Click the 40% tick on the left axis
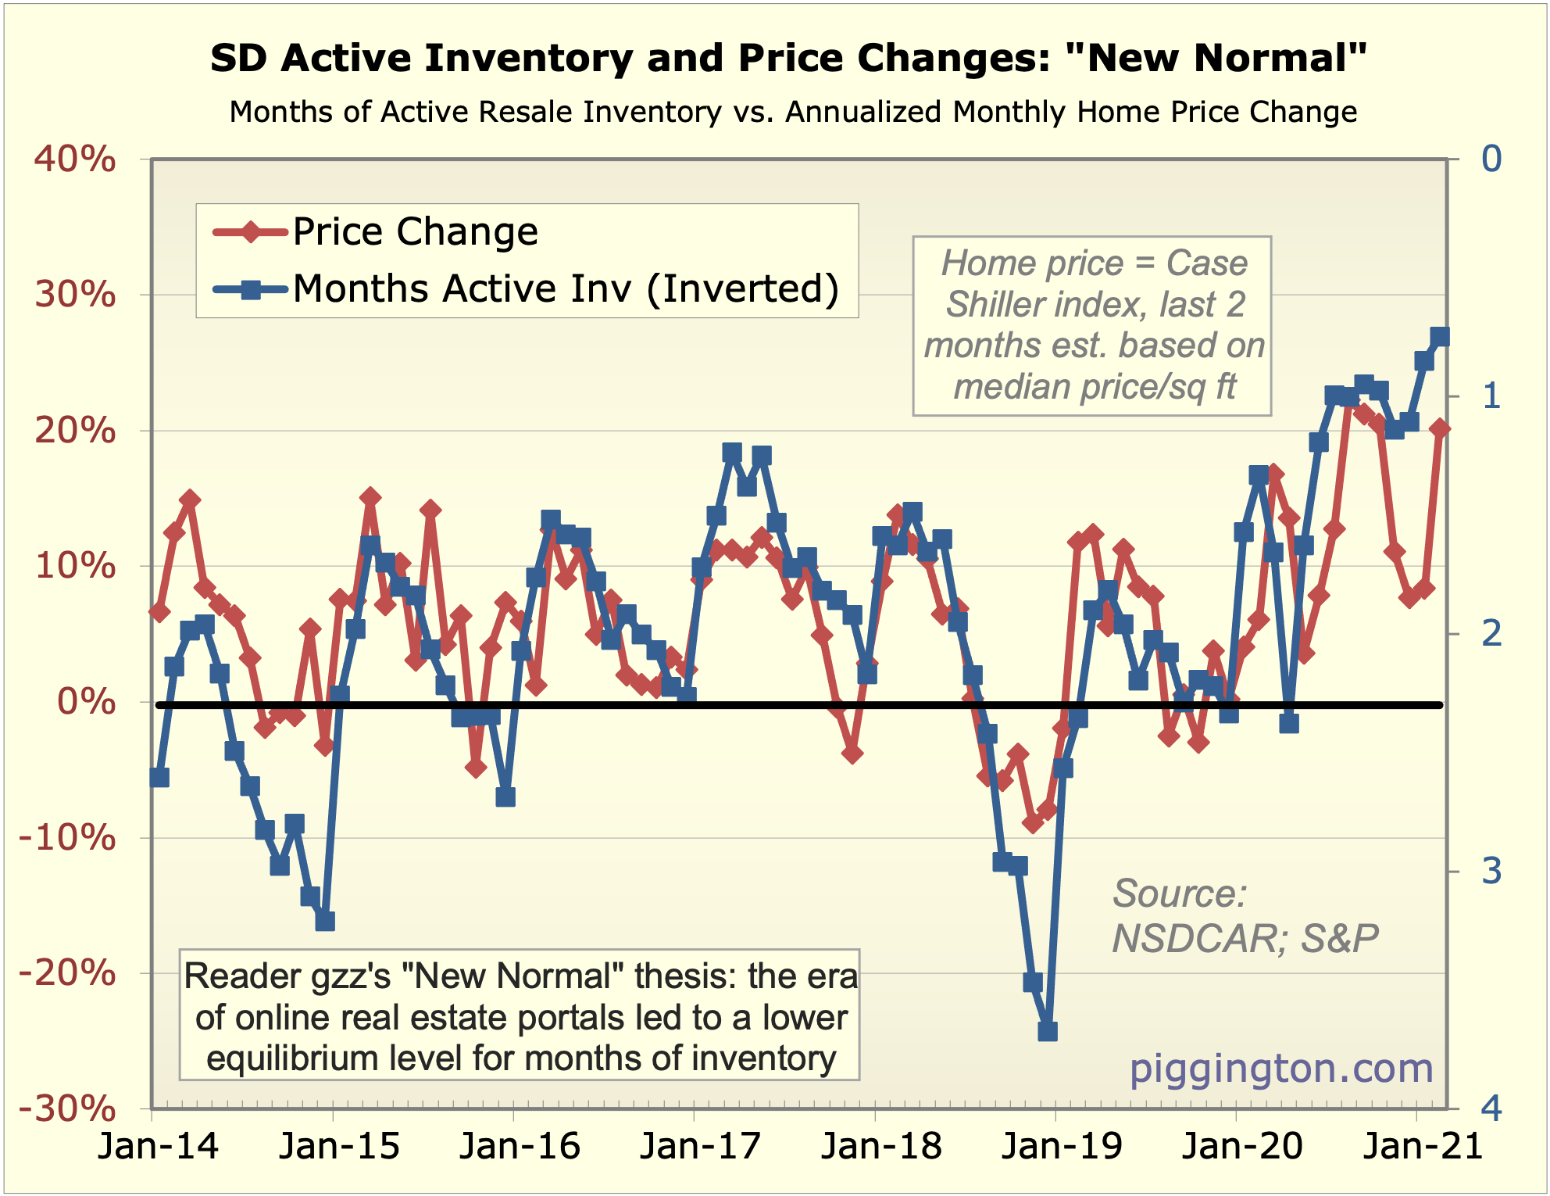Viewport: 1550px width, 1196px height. point(74,159)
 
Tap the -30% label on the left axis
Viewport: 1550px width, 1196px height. point(66,1108)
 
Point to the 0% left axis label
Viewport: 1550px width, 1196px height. point(86,702)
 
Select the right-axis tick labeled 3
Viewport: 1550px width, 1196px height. point(1491,871)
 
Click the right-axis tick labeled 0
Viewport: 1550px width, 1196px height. point(1491,159)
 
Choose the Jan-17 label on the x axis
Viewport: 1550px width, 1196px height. point(699,1147)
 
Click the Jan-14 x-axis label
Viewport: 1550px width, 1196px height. point(158,1147)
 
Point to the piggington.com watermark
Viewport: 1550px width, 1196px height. point(1281,1069)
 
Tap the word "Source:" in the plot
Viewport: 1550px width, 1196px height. point(1180,893)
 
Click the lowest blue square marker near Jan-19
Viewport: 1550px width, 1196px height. point(1048,1032)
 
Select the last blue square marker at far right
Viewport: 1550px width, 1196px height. point(1440,337)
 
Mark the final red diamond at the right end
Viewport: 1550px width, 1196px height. point(1440,428)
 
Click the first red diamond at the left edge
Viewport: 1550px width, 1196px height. point(159,612)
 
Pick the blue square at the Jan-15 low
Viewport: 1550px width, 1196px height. point(325,922)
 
